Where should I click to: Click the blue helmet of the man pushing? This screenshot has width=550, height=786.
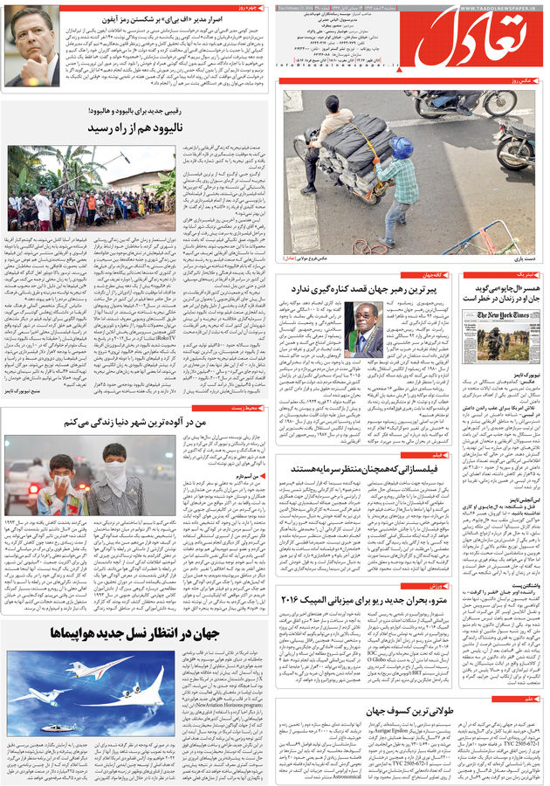pos(401,146)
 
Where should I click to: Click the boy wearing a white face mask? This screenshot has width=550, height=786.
pos(61,479)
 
